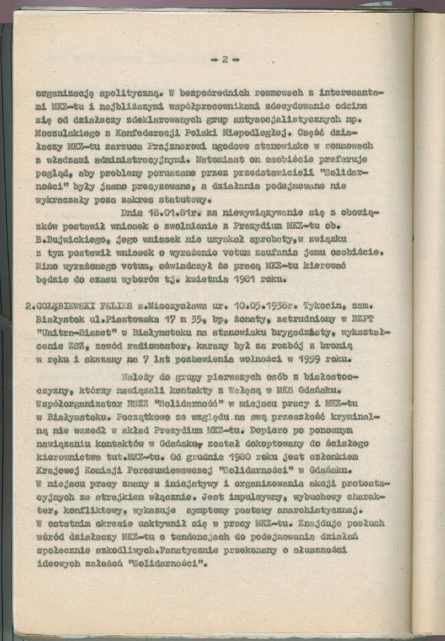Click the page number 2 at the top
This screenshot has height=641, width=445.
224,60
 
